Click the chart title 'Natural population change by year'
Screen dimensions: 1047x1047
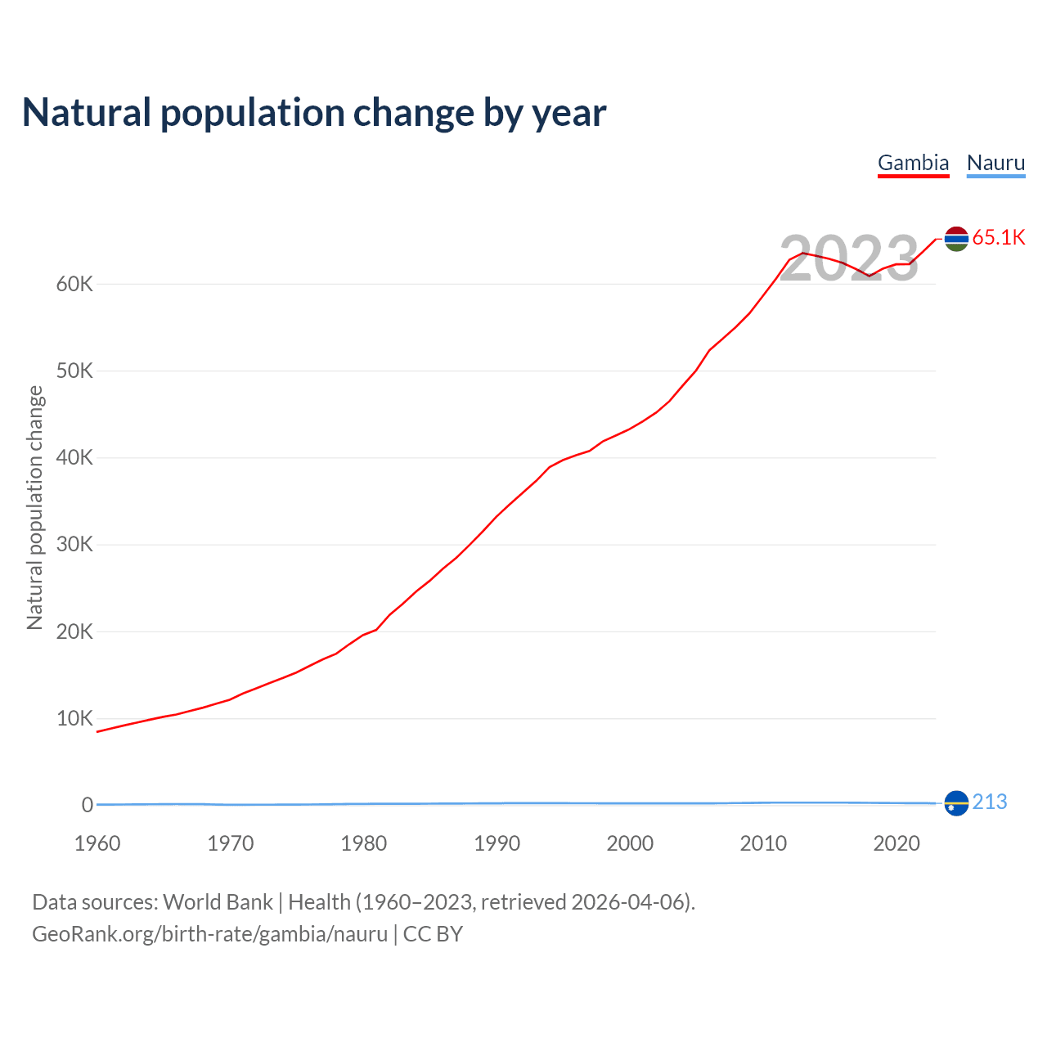tap(314, 113)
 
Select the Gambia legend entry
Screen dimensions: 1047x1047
tap(913, 163)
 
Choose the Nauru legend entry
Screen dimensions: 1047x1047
tap(995, 163)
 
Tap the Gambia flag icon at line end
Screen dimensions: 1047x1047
tap(956, 239)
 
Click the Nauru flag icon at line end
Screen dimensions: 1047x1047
tap(956, 803)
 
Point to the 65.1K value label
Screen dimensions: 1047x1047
tap(999, 238)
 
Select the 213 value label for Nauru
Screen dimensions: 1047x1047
tap(990, 802)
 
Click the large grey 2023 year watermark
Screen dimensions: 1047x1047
tap(849, 258)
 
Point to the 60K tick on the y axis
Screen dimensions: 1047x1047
tap(75, 285)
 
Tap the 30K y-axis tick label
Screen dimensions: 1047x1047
tap(75, 545)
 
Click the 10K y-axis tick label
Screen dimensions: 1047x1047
tap(75, 719)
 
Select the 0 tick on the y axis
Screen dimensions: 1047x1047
tap(88, 806)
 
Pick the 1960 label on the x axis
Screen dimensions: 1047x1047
tap(97, 844)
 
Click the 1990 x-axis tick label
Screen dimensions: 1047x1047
tap(497, 844)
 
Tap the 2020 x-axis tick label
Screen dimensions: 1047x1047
tap(896, 844)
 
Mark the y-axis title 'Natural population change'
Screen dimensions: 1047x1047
tap(35, 508)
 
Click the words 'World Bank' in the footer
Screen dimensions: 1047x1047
tap(218, 902)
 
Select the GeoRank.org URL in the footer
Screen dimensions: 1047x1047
tap(209, 934)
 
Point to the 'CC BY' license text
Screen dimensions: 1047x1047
tap(433, 934)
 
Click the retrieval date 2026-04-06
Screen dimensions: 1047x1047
tap(631, 902)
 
